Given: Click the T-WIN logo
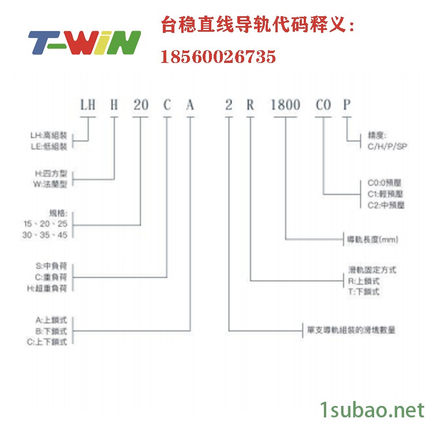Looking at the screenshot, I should [84, 42].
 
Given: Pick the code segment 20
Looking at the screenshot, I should [141, 105].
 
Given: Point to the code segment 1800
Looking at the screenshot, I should [286, 105].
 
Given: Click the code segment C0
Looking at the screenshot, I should [323, 105].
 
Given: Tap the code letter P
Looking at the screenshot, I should [346, 105].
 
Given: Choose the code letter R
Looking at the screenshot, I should [250, 105].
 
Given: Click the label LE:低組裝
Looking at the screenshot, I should [48, 146].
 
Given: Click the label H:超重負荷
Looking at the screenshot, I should [51, 288].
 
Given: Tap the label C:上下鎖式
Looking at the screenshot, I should [51, 342].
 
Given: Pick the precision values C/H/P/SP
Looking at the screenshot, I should [387, 147].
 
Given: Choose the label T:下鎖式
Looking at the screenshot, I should [364, 292].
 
